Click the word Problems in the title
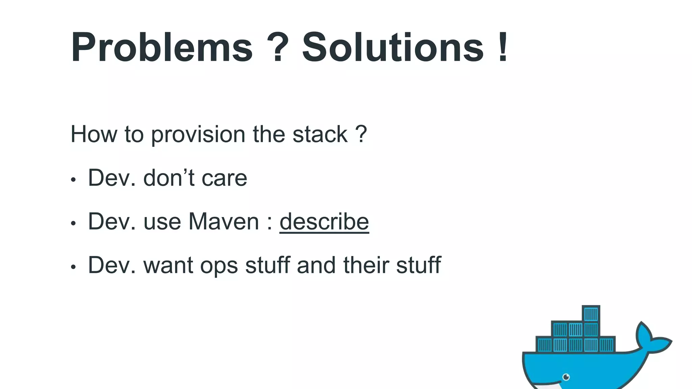coord(162,47)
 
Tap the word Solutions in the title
coord(393,47)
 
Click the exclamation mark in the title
coord(503,47)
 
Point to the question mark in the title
coord(277,47)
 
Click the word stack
coord(320,134)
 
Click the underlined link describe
coord(324,222)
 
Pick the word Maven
coord(224,222)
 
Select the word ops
coord(219,265)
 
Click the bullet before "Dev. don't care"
coord(73,180)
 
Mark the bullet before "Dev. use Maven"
coord(73,224)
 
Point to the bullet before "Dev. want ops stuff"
coord(73,267)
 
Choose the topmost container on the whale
coord(591,314)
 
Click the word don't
coord(169,178)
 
